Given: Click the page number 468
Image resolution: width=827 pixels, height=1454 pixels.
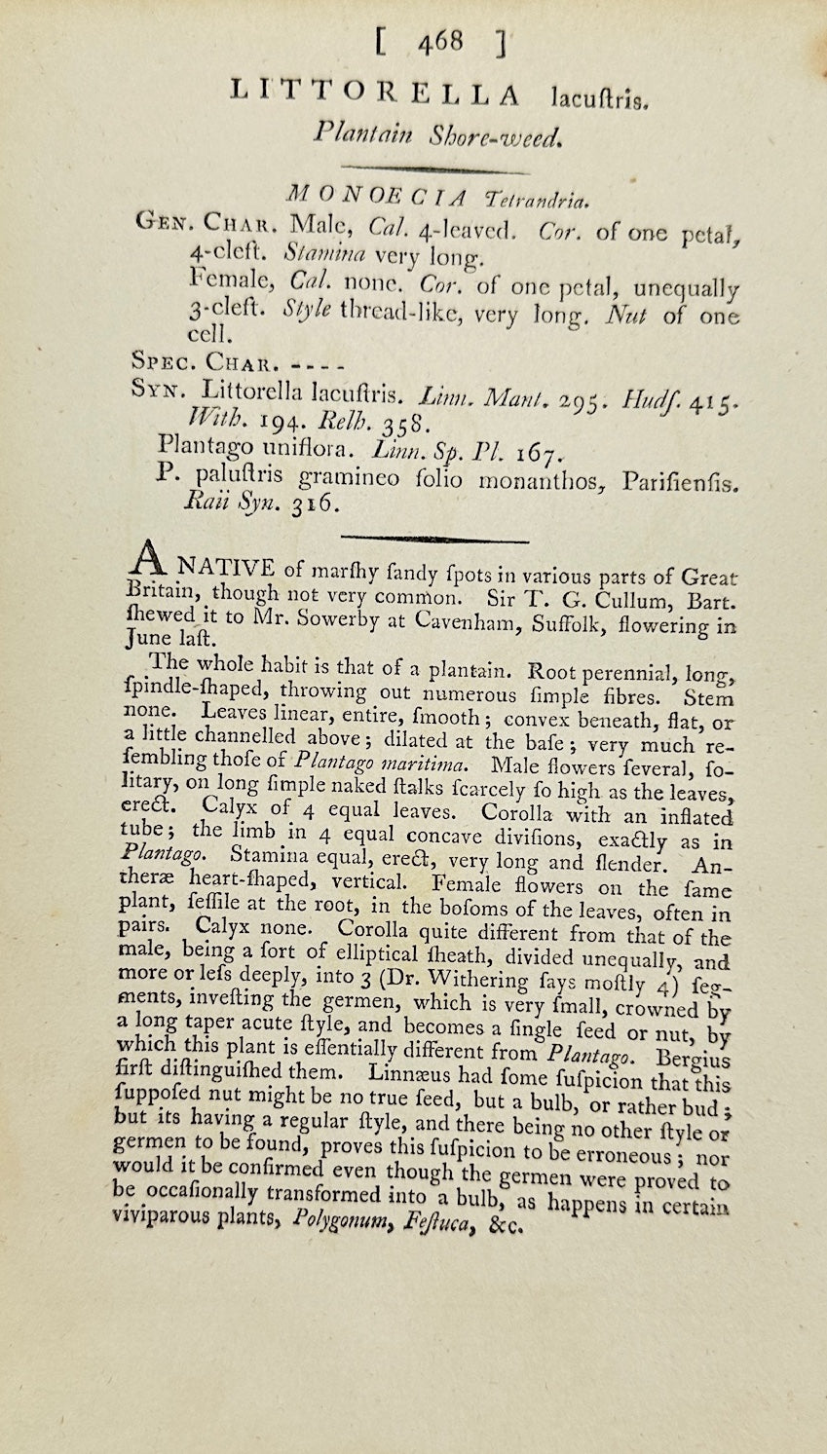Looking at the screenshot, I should [439, 42].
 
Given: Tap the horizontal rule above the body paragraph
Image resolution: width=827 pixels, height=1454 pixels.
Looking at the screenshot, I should [434, 539].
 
